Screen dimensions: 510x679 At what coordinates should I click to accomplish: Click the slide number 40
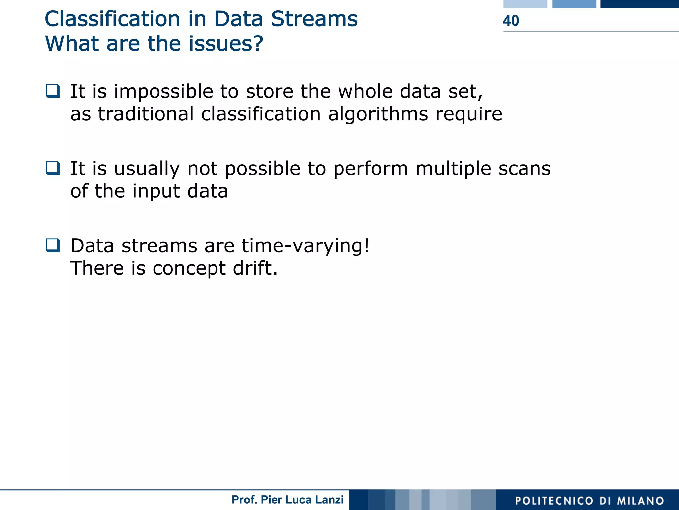click(511, 21)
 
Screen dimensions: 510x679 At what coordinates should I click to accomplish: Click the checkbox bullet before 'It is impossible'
click(53, 91)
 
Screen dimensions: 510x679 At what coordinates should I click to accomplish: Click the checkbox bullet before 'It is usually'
click(53, 168)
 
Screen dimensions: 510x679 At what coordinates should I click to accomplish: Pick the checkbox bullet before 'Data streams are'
click(53, 245)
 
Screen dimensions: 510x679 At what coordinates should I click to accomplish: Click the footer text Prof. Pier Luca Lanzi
click(287, 500)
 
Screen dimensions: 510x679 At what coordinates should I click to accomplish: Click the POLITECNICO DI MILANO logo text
click(589, 501)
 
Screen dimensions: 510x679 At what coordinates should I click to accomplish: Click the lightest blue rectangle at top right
click(525, 4)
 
